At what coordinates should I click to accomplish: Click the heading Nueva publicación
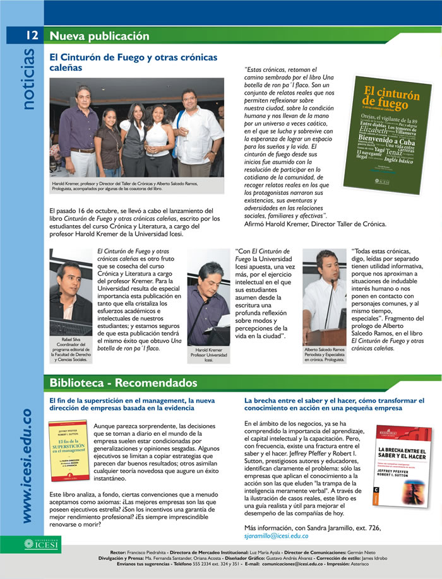99,35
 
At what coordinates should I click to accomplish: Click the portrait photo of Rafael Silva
71,291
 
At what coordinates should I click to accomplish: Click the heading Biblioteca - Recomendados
123,383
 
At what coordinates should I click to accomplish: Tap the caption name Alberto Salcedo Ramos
325,349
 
